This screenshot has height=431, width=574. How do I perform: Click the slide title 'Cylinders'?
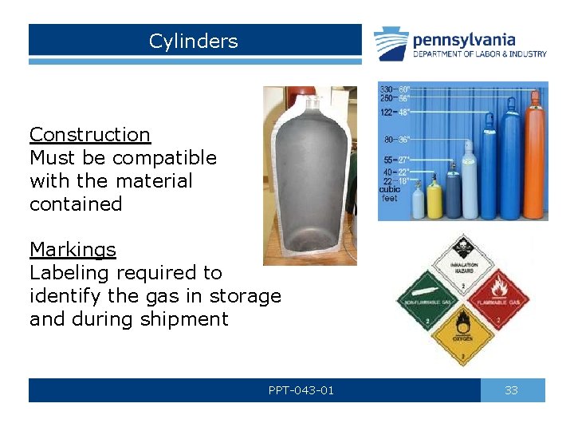[193, 41]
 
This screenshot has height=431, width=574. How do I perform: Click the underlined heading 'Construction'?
[89, 135]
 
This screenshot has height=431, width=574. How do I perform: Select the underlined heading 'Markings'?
[73, 250]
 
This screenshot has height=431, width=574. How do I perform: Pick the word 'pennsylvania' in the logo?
[463, 40]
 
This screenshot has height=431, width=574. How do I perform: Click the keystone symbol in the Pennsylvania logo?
[391, 44]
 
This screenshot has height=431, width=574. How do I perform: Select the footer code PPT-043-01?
[301, 390]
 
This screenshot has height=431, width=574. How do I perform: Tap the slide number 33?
[512, 390]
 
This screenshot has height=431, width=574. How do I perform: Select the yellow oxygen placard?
[463, 334]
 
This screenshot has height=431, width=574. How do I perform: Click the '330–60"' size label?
[395, 89]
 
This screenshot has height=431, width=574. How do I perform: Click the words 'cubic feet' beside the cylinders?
[390, 194]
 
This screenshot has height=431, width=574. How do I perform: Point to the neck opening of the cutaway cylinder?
[311, 102]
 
